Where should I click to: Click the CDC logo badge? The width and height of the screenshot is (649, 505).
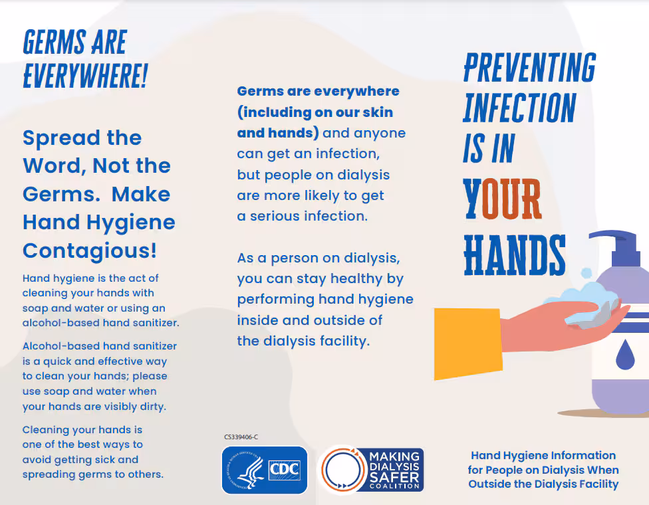pos(264,470)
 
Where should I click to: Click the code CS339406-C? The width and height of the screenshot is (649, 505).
pos(241,437)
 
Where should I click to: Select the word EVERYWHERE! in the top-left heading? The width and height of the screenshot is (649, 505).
pos(84,76)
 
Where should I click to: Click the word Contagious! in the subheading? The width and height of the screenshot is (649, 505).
pos(90,251)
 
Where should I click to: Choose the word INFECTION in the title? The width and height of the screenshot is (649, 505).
pos(519,108)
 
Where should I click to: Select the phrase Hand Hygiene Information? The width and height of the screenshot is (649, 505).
pos(543,455)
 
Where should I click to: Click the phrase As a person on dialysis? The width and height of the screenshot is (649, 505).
pos(319,258)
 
